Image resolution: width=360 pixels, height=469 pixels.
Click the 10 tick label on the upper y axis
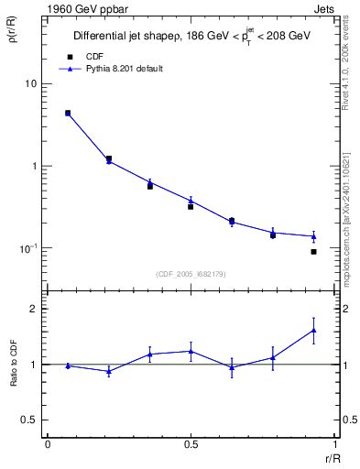(x=30, y=84)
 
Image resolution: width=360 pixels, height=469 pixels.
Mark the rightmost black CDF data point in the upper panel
(x=313, y=251)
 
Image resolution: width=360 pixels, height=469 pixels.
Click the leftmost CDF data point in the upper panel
(x=68, y=113)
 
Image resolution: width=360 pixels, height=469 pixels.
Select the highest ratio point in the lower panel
(x=313, y=330)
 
